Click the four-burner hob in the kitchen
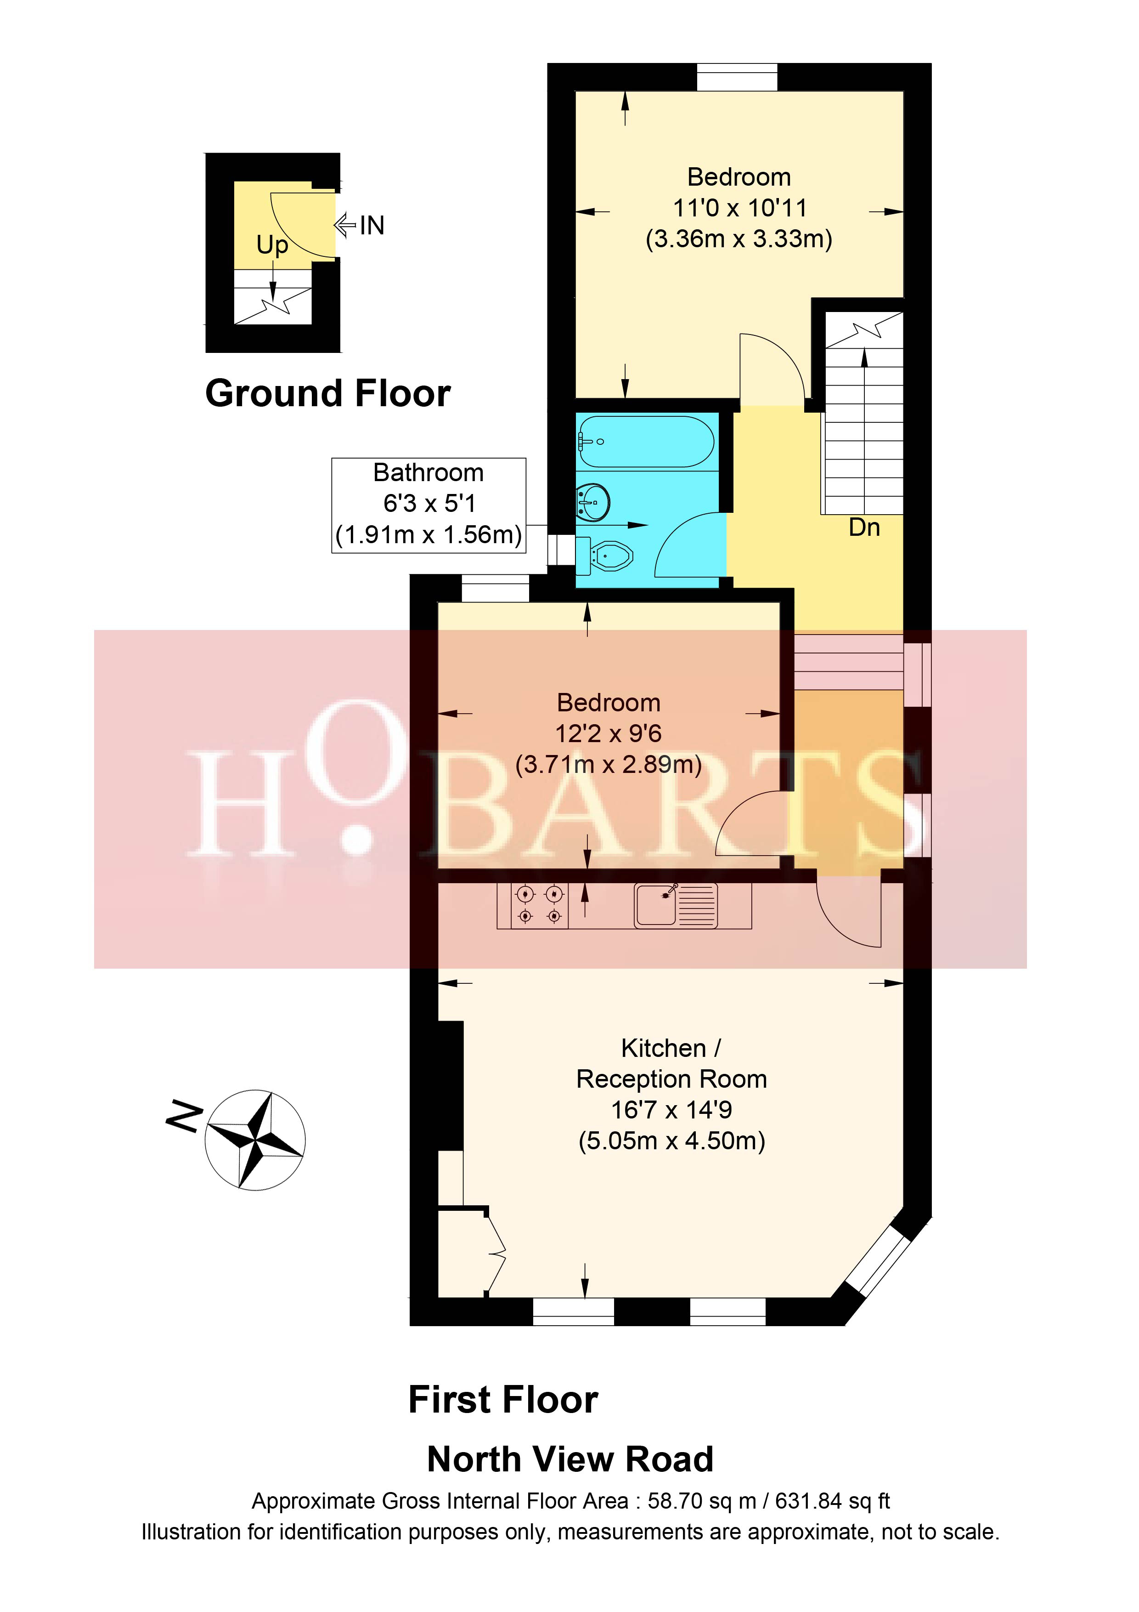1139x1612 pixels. click(x=539, y=905)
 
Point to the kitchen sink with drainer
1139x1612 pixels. click(x=675, y=904)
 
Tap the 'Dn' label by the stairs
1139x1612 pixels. click(x=864, y=527)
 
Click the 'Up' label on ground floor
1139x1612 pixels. click(x=271, y=245)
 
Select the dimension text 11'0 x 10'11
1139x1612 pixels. click(x=739, y=208)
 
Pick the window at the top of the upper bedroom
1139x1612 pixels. click(x=737, y=77)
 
